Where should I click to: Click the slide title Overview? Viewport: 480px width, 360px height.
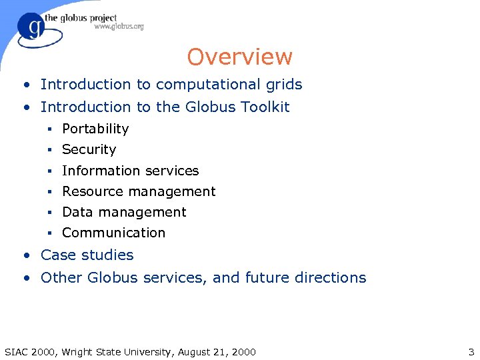pos(239,57)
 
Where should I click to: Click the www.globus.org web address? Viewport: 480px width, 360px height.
pos(119,27)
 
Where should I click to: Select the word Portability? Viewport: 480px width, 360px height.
pos(95,129)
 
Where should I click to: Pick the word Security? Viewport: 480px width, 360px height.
pos(89,149)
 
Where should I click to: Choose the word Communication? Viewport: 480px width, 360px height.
pos(113,233)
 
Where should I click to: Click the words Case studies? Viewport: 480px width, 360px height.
pos(87,255)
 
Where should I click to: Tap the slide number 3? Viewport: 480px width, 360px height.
pos(471,351)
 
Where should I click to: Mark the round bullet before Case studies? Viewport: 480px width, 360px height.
pos(25,255)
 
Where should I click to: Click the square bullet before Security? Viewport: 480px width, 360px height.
pos(49,150)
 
